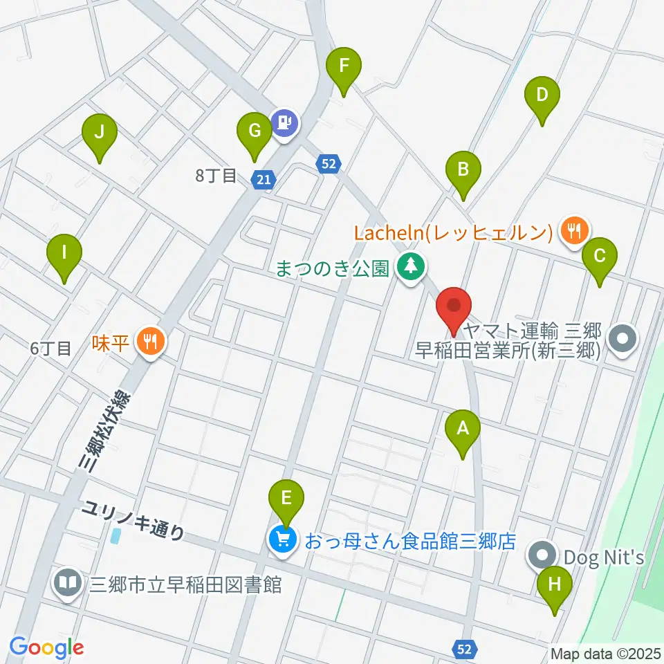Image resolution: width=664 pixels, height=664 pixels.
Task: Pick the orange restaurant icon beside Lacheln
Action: click(574, 229)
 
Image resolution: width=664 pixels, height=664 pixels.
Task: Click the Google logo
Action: click(46, 647)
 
